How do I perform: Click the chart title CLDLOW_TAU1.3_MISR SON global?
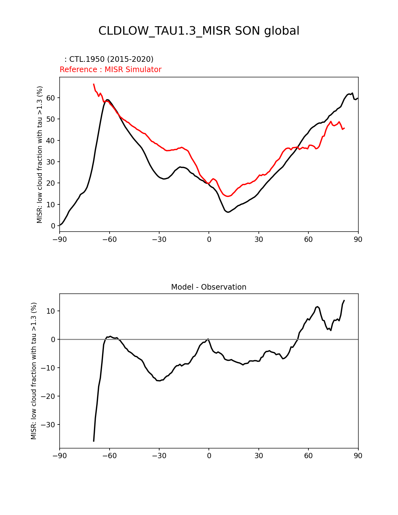tap(199, 31)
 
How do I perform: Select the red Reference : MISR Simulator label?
tap(111, 70)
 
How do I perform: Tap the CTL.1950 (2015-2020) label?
tap(109, 59)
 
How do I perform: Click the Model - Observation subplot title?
tap(209, 287)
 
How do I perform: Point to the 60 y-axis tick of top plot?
tap(51, 98)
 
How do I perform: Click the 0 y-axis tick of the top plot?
tap(53, 226)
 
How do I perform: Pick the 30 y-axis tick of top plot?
tap(51, 162)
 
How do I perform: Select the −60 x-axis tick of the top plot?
tap(109, 239)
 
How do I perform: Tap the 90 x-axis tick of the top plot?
tap(358, 239)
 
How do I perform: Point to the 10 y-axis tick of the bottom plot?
tap(51, 311)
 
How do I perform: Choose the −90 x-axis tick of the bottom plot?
tap(60, 456)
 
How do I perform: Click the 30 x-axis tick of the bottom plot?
tap(258, 456)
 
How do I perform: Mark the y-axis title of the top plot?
tap(40, 154)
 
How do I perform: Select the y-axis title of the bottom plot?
tap(34, 371)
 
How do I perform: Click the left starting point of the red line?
tap(94, 84)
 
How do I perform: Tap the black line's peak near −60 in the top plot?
tap(107, 100)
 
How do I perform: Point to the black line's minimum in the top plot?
tap(228, 212)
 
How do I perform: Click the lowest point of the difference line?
tap(94, 441)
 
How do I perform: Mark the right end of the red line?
tap(344, 128)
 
